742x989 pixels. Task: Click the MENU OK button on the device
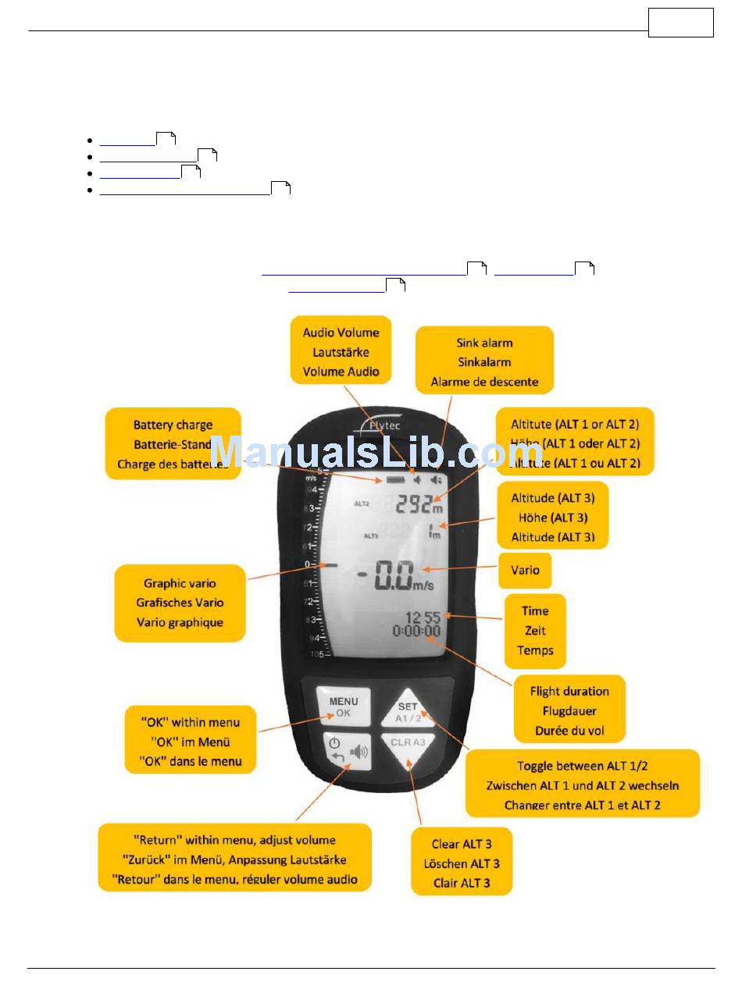344,706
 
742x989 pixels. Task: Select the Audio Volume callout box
341,352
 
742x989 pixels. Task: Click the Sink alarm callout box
484,362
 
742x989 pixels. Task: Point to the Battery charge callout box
173,444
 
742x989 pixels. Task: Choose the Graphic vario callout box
180,603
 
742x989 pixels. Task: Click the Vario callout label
525,571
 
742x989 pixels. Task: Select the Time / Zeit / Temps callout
535,631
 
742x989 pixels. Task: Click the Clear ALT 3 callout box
462,863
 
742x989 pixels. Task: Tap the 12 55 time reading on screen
422,617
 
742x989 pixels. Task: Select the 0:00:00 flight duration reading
416,631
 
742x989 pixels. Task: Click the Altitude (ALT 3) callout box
552,517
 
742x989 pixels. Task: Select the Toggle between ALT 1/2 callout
582,784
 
